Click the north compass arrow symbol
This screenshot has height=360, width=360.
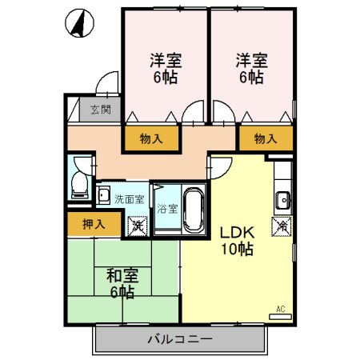[x=78, y=25]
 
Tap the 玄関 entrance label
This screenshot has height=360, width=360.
[x=100, y=110]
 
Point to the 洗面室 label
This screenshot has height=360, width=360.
[x=129, y=199]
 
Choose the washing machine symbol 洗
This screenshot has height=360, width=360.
[x=137, y=226]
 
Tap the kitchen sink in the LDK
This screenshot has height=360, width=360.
[x=283, y=199]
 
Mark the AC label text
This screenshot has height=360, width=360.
[x=280, y=309]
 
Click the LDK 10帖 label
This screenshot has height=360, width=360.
[x=237, y=240]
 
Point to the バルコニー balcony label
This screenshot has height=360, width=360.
[x=179, y=339]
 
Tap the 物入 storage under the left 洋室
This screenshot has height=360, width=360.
[x=150, y=138]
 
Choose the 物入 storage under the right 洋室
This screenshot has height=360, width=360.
[x=265, y=138]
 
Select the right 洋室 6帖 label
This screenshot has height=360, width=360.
[x=250, y=68]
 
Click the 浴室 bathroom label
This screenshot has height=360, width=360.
[x=167, y=209]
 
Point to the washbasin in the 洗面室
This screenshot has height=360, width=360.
[x=104, y=194]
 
